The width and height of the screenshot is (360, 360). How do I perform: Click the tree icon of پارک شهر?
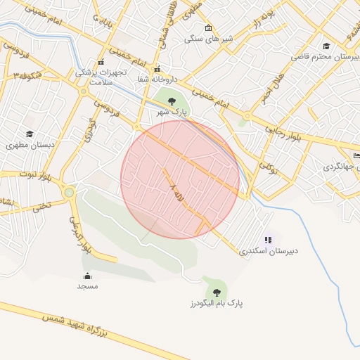pyautogui.click(x=172, y=102)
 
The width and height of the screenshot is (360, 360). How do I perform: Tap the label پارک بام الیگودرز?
pyautogui.click(x=214, y=303)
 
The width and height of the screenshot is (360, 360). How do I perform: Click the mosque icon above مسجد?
pyautogui.click(x=87, y=275)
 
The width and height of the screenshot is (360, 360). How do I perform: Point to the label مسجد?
pyautogui.click(x=87, y=286)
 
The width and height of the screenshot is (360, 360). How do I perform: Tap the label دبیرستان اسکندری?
pyautogui.click(x=264, y=250)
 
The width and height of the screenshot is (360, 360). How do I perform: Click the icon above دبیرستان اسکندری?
pyautogui.click(x=267, y=239)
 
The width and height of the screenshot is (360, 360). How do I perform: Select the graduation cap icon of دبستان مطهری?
pyautogui.click(x=30, y=134)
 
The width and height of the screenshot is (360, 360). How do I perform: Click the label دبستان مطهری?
pyautogui.click(x=30, y=145)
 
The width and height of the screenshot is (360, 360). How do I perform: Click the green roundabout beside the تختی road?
pyautogui.click(x=70, y=192)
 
